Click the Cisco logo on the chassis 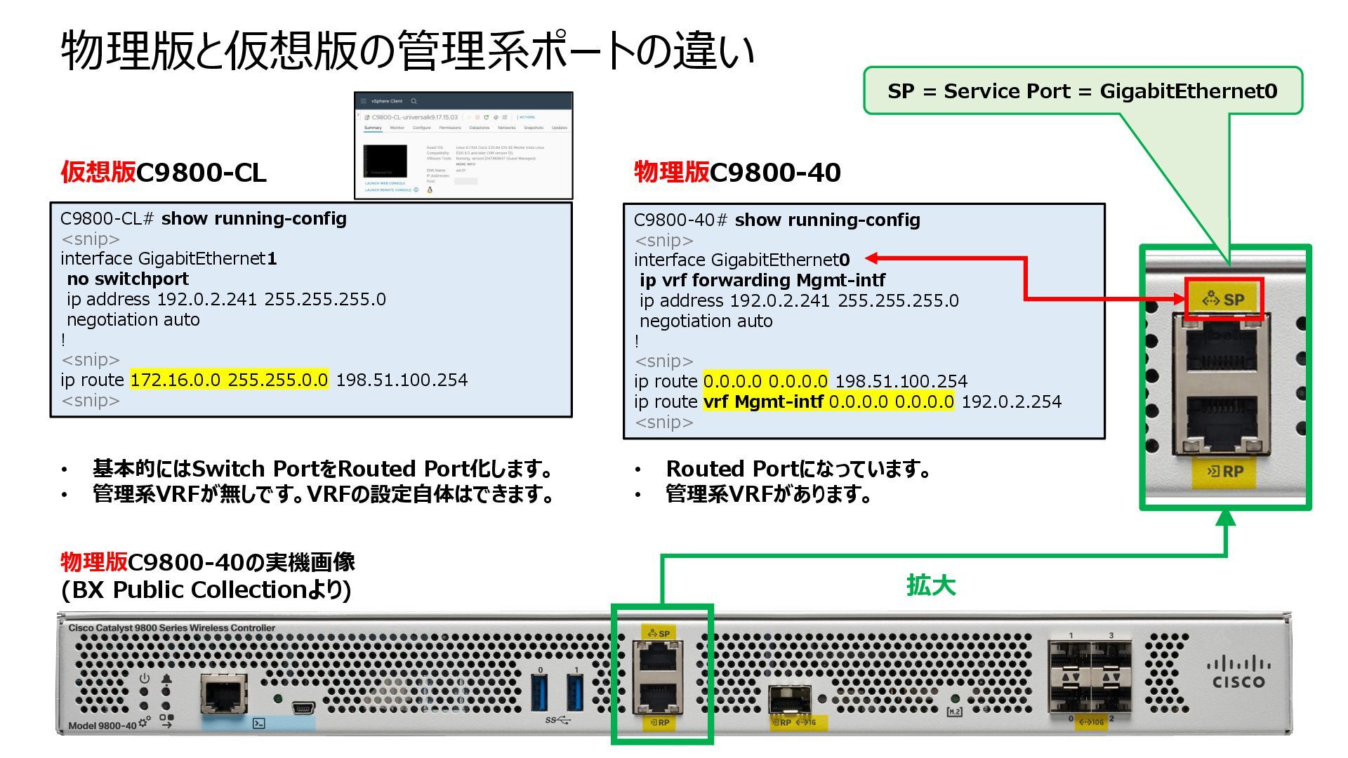pyautogui.click(x=1238, y=672)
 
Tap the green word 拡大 pyautogui.click(x=931, y=585)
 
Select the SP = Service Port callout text pyautogui.click(x=1082, y=91)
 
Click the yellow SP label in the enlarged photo pyautogui.click(x=1224, y=300)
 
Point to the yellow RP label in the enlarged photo pyautogui.click(x=1224, y=472)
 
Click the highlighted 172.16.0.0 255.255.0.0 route pyautogui.click(x=229, y=380)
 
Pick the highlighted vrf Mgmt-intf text pyautogui.click(x=763, y=402)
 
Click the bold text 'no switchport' pyautogui.click(x=128, y=279)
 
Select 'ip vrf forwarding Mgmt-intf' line pyautogui.click(x=762, y=281)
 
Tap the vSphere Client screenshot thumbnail pyautogui.click(x=463, y=145)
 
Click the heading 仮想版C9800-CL pyautogui.click(x=164, y=173)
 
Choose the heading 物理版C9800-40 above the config pyautogui.click(x=737, y=173)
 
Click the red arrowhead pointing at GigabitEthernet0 pyautogui.click(x=872, y=259)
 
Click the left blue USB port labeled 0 pyautogui.click(x=540, y=691)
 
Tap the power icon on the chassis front pyautogui.click(x=145, y=679)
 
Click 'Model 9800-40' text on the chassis pyautogui.click(x=103, y=726)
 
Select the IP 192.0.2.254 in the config pyautogui.click(x=1011, y=402)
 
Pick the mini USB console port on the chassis pyautogui.click(x=303, y=707)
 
